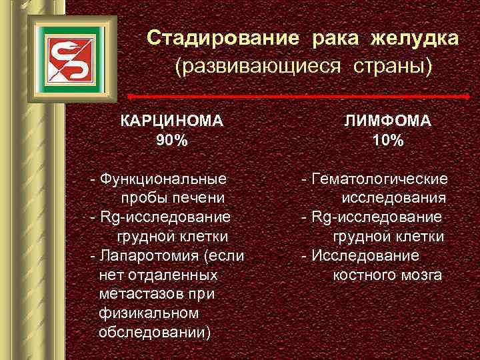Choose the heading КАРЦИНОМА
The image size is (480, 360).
[x=171, y=121]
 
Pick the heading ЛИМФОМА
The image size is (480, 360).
[x=387, y=121]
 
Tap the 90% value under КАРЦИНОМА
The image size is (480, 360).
[x=171, y=141]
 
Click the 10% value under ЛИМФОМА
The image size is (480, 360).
[x=387, y=141]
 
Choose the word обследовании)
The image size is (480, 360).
[x=154, y=332]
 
